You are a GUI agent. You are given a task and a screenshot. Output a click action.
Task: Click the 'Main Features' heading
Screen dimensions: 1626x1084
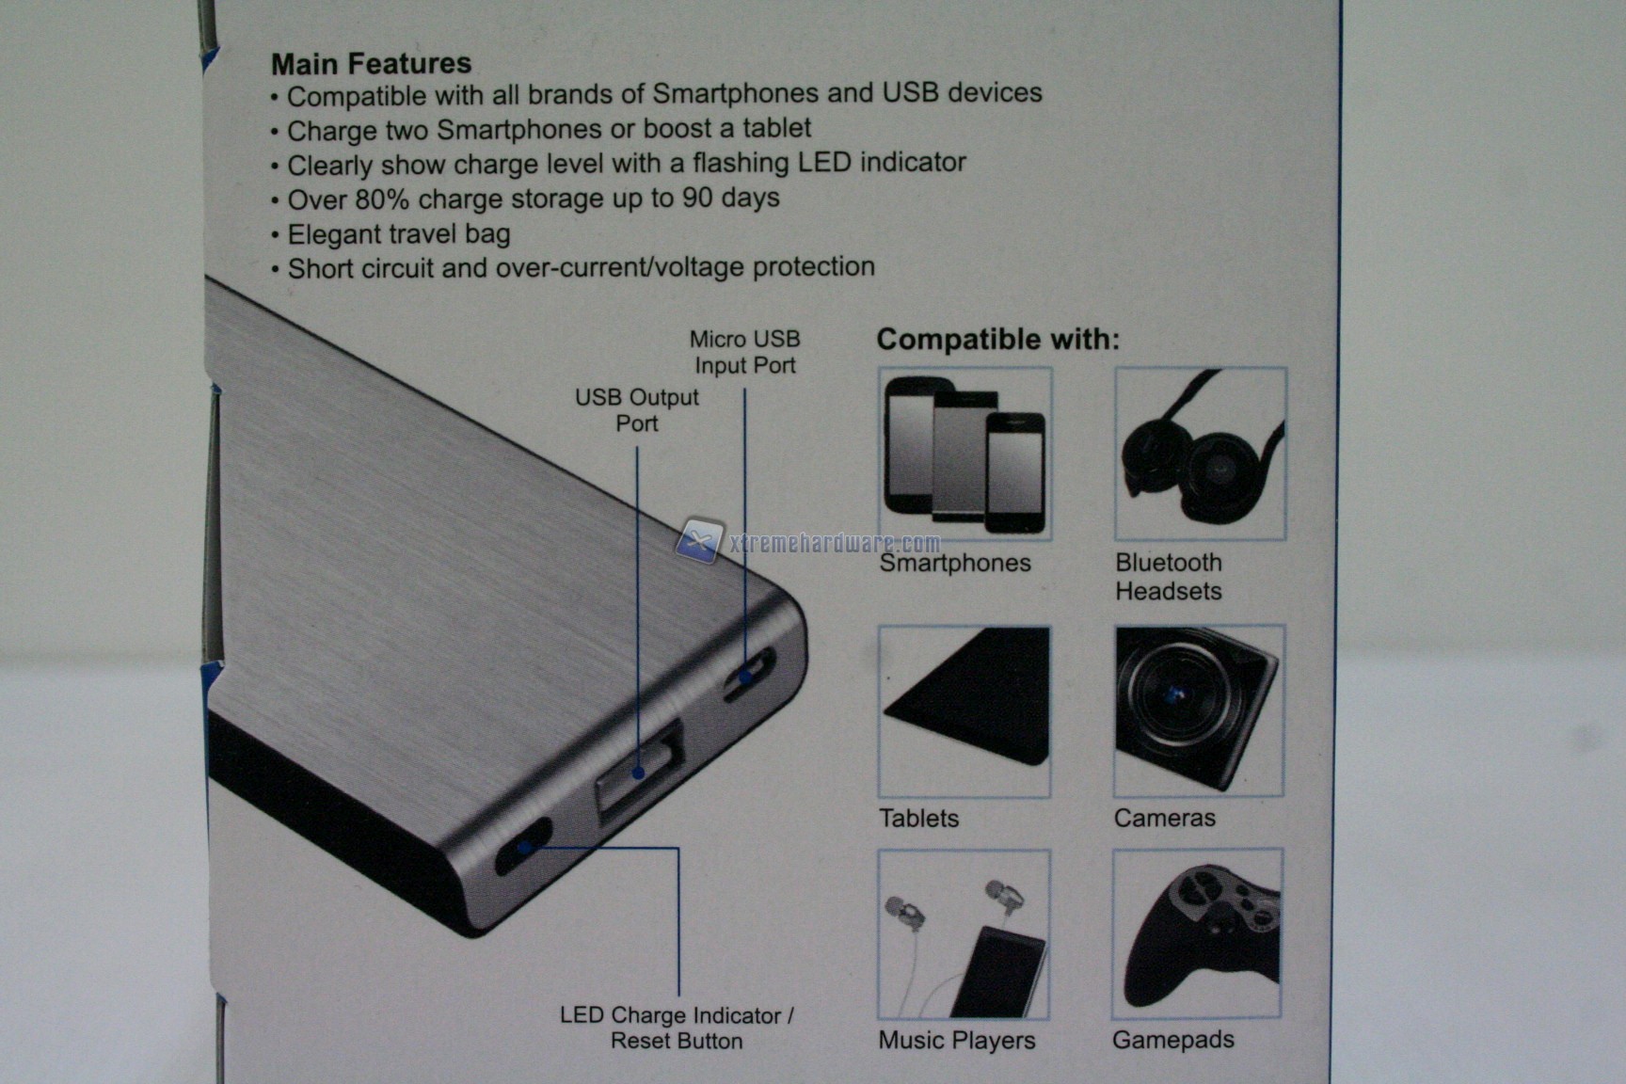pyautogui.click(x=371, y=63)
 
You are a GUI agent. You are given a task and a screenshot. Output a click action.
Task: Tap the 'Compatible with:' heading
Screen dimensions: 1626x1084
pyautogui.click(x=998, y=339)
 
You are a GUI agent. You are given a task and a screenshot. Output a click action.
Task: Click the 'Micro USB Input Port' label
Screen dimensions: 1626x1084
pyautogui.click(x=744, y=352)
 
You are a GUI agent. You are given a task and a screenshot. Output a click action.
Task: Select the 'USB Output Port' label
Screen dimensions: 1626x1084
pyautogui.click(x=637, y=410)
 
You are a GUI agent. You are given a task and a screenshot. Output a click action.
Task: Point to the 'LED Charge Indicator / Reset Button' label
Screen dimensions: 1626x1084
pyautogui.click(x=677, y=1028)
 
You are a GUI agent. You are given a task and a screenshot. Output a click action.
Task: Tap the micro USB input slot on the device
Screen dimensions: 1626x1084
pyautogui.click(x=749, y=675)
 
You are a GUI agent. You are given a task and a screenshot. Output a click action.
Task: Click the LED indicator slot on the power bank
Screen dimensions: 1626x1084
pyautogui.click(x=524, y=847)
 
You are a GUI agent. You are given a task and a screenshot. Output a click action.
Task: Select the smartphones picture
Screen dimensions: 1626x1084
pyautogui.click(x=964, y=454)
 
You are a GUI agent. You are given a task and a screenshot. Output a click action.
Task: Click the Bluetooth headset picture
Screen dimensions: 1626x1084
pyautogui.click(x=1201, y=454)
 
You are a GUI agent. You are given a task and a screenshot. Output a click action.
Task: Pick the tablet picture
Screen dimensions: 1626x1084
pyautogui.click(x=964, y=712)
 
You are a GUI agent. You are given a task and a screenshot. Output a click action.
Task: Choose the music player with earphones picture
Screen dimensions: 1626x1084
pyautogui.click(x=964, y=934)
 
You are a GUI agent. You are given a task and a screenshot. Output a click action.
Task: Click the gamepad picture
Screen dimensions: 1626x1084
pyautogui.click(x=1197, y=933)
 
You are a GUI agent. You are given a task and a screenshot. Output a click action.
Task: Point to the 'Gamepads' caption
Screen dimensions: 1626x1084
pyautogui.click(x=1173, y=1040)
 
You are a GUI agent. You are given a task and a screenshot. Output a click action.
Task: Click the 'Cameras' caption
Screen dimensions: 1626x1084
pyautogui.click(x=1165, y=818)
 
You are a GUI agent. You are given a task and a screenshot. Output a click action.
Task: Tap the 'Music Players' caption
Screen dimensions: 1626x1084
pyautogui.click(x=956, y=1040)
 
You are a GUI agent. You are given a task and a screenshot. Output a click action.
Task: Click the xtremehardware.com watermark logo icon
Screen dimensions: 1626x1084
pyautogui.click(x=698, y=540)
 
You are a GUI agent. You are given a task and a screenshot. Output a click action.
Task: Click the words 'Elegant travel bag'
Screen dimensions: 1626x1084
pyautogui.click(x=399, y=234)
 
